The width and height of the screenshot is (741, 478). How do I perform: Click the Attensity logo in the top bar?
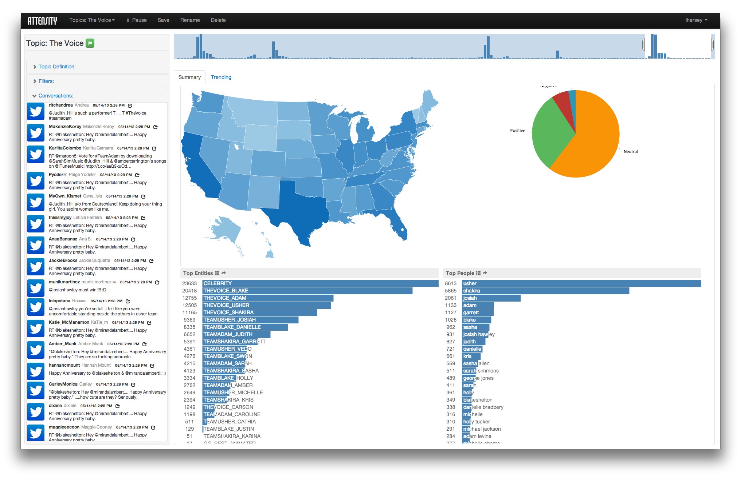(x=42, y=20)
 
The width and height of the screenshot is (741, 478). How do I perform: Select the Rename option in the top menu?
(x=190, y=20)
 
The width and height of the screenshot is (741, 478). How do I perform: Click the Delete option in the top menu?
(x=218, y=20)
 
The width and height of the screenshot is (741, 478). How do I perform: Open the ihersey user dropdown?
(x=696, y=20)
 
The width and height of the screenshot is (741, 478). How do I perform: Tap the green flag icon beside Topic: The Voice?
(x=90, y=43)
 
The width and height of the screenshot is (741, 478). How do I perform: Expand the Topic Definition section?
(x=57, y=67)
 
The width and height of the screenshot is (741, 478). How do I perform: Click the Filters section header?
(x=46, y=81)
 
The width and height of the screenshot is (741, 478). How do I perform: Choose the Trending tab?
(x=221, y=77)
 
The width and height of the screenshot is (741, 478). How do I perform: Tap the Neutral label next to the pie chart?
(x=631, y=152)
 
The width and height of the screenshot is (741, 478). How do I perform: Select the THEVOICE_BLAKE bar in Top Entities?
(x=307, y=291)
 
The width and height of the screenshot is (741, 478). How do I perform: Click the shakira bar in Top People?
(x=545, y=291)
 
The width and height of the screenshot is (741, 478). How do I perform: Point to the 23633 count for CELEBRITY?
(x=189, y=283)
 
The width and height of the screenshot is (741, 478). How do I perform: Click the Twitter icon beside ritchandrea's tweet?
(x=36, y=111)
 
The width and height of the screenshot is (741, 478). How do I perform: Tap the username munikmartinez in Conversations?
(x=64, y=282)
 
